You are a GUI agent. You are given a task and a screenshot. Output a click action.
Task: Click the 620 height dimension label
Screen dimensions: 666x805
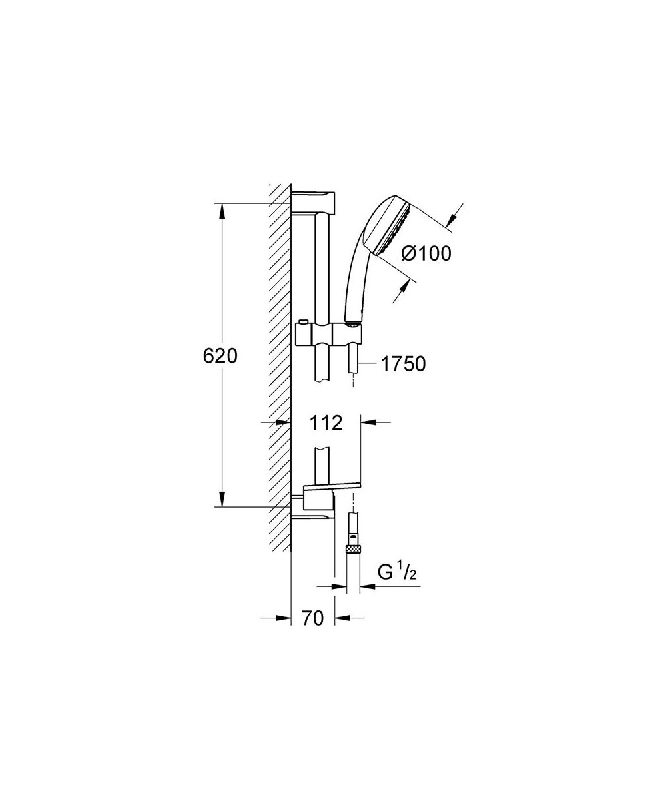coord(220,356)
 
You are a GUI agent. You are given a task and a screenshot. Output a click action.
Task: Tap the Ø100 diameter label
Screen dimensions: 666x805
coord(426,254)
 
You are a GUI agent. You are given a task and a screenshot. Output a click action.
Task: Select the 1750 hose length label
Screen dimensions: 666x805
coord(403,364)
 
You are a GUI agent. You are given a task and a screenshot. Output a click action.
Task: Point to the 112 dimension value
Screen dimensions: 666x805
coord(326,423)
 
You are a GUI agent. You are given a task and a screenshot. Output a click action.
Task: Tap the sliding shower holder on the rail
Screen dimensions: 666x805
coord(328,333)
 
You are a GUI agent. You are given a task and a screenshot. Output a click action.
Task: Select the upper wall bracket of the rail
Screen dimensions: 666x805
coord(313,203)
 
